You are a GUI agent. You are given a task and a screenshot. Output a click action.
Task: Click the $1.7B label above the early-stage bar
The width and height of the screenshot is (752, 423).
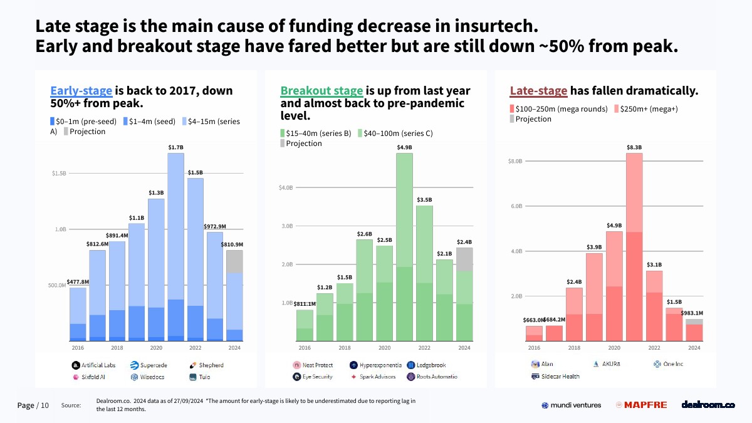click(175, 147)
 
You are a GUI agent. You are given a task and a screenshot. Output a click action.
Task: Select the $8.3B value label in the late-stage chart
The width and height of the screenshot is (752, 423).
click(634, 147)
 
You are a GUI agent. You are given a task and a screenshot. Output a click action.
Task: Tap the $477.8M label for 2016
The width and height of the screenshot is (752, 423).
click(78, 282)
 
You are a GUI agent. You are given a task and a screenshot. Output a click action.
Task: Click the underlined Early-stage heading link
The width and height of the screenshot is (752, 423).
click(81, 91)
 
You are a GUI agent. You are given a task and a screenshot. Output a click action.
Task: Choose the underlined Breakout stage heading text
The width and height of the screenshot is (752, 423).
click(321, 91)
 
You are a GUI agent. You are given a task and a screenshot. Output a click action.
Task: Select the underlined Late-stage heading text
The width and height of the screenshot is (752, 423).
click(539, 91)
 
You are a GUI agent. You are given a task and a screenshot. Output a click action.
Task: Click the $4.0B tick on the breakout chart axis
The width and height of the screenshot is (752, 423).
click(285, 187)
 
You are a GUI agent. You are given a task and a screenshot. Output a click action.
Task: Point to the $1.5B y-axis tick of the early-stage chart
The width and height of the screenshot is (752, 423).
click(59, 173)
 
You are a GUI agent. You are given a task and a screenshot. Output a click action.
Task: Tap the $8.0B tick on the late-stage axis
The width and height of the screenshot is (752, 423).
click(514, 161)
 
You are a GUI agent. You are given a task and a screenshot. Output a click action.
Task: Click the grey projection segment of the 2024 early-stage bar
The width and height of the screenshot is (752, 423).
click(234, 261)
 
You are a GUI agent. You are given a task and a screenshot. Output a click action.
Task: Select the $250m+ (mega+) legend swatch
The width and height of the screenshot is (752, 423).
click(615, 109)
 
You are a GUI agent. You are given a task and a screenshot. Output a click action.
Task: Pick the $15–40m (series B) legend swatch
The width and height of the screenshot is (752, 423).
click(282, 133)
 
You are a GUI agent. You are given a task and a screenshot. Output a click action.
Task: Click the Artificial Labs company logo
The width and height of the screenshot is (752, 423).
click(76, 365)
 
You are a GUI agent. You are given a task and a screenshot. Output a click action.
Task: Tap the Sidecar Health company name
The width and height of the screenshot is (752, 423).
click(561, 377)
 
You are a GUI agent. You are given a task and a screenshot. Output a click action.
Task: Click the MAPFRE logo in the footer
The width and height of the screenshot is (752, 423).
click(641, 405)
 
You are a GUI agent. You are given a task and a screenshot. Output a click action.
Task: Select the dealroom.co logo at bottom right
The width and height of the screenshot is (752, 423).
click(708, 405)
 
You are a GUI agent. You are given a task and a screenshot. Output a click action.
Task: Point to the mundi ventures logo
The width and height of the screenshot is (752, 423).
click(571, 405)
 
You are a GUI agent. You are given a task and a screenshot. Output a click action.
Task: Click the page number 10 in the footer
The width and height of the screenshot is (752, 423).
click(44, 405)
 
